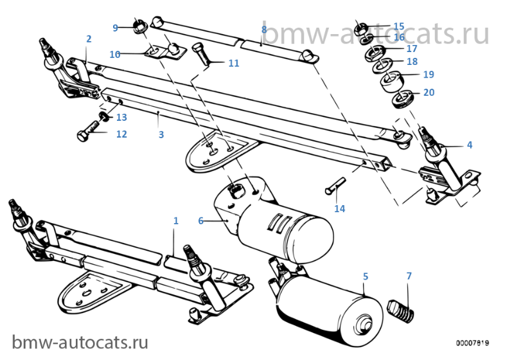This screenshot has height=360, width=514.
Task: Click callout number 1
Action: (x=175, y=221)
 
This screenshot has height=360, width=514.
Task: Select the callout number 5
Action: (x=366, y=276)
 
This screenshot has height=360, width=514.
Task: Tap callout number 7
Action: (x=409, y=276)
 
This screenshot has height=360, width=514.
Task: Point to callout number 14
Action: (x=339, y=208)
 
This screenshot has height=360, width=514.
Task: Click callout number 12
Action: (x=121, y=134)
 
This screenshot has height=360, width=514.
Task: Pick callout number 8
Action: (x=264, y=30)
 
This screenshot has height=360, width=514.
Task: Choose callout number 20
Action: (x=429, y=93)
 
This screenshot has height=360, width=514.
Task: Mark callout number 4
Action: (x=470, y=145)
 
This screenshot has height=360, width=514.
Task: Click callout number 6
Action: (x=201, y=221)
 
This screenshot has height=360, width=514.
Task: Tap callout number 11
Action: (x=233, y=63)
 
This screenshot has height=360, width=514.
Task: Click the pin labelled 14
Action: (x=335, y=184)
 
